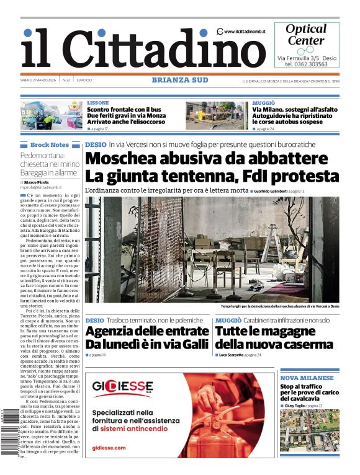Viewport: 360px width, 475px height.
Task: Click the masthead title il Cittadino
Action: [x=134, y=49]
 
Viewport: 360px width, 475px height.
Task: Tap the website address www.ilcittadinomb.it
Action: [x=244, y=31]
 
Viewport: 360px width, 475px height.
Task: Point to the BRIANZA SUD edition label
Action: [x=179, y=79]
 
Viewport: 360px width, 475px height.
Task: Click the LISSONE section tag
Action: [x=98, y=102]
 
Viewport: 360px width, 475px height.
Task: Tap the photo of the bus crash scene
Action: [x=52, y=115]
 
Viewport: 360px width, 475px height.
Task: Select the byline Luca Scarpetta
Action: [x=231, y=355]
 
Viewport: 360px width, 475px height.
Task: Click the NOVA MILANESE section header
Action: [x=307, y=378]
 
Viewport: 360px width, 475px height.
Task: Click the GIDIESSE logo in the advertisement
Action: [x=123, y=388]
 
